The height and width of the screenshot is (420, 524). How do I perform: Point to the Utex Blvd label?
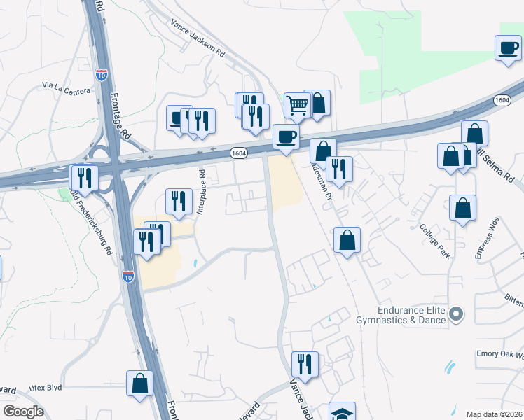46,387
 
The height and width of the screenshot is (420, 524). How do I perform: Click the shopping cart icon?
298,105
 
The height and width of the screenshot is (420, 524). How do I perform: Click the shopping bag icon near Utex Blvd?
139,383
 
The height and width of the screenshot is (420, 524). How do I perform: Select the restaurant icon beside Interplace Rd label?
179,201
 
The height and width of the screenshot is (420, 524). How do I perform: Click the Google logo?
22,412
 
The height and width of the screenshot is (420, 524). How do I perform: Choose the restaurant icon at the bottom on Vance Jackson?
305,364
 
